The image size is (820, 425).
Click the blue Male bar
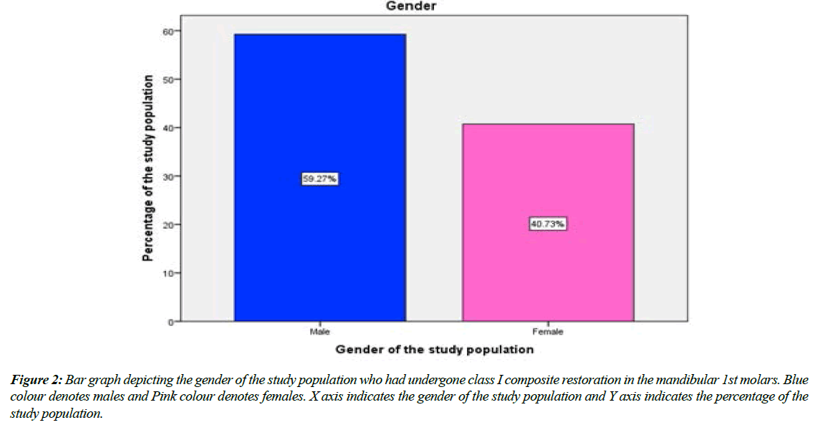tap(319, 108)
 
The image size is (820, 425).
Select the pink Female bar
tap(548, 272)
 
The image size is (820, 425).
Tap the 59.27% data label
tap(319, 179)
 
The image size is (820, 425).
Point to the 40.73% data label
tap(548, 224)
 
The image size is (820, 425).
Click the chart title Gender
tap(411, 6)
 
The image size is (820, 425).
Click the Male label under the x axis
tap(319, 332)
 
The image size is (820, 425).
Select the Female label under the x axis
tap(548, 332)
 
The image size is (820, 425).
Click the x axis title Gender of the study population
tap(435, 350)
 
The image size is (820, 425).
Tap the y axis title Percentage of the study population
tap(148, 168)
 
